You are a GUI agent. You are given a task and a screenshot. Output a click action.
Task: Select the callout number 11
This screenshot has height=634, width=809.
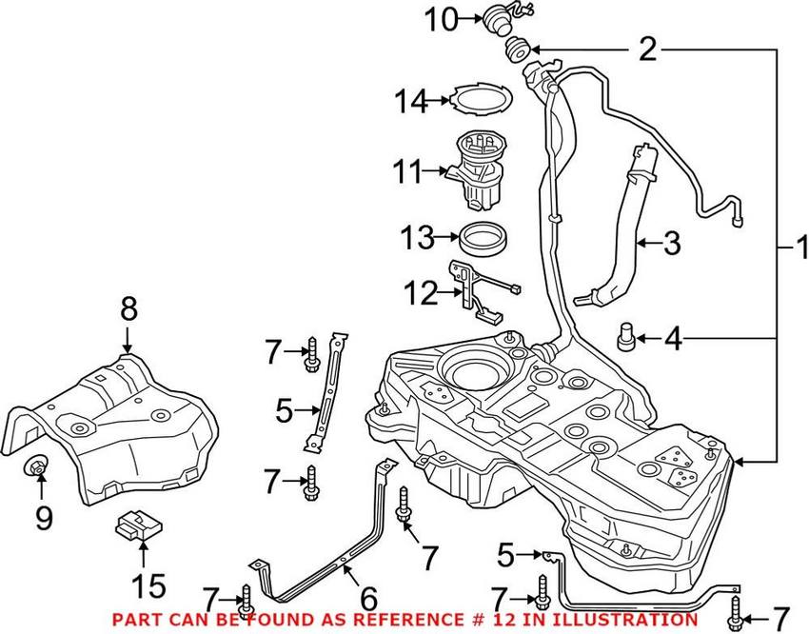411,173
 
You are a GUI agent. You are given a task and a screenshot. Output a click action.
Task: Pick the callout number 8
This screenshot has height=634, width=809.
128,308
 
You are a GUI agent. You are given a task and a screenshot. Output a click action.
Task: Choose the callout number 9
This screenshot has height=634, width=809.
43,518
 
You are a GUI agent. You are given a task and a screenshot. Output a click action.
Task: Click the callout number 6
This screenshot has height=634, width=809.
366,599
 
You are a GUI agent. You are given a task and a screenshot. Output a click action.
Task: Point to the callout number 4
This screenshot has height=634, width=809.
673,338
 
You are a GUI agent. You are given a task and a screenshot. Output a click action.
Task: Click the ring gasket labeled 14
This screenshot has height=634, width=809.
481,99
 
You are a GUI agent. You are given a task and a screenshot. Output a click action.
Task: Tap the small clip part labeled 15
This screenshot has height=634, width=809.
135,524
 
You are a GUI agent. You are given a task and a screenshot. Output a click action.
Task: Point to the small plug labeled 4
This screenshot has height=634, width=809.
626,337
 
